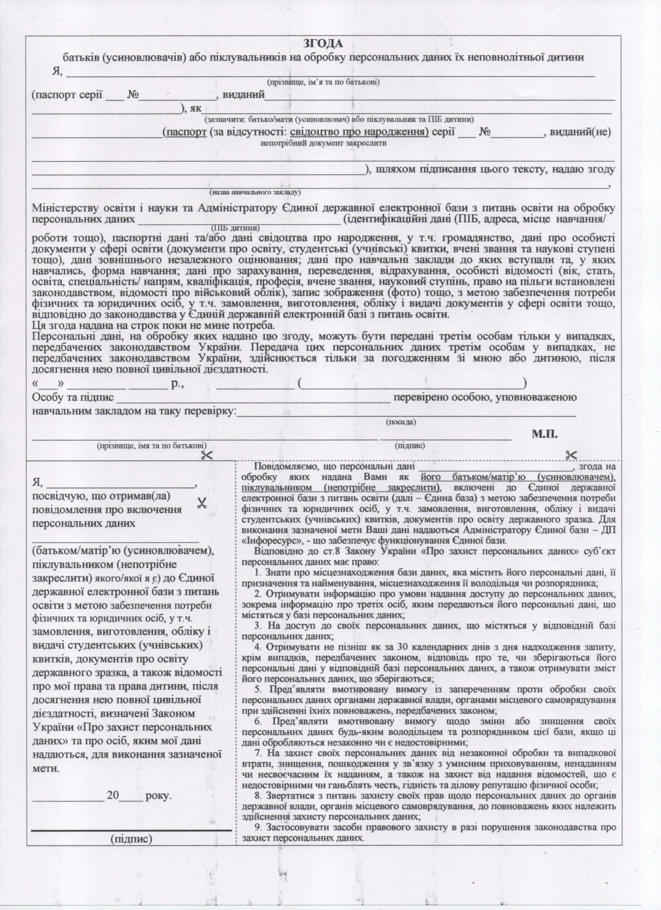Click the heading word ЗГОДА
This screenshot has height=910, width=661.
[323, 43]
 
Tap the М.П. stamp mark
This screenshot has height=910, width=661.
[545, 434]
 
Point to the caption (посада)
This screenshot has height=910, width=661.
[401, 422]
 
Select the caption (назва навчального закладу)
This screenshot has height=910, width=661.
[255, 192]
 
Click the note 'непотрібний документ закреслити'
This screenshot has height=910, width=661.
[323, 143]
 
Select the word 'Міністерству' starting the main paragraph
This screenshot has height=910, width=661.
[68, 208]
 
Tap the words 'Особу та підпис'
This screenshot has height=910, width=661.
[73, 398]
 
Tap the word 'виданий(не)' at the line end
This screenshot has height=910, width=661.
[580, 132]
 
